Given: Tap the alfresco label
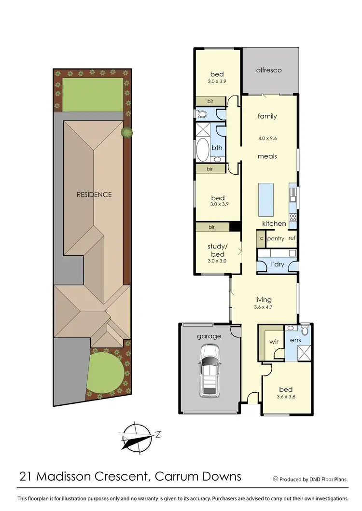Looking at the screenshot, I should tap(269, 70).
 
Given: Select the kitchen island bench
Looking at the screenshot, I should tap(266, 200).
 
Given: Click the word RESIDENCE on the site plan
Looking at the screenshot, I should tap(94, 195).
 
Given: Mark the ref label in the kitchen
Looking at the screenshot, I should tap(292, 238).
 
